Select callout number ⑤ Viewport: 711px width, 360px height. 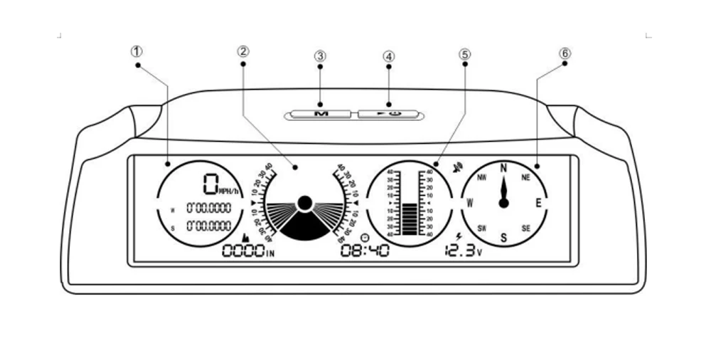(x=464, y=53)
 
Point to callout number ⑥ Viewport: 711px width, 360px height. (x=565, y=53)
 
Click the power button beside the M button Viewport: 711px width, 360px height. (x=388, y=113)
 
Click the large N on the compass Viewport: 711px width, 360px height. (x=503, y=168)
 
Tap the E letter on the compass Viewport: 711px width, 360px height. (x=539, y=203)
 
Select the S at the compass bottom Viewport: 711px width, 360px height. (x=503, y=238)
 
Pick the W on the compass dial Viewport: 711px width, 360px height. (x=469, y=203)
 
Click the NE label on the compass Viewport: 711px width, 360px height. (x=526, y=177)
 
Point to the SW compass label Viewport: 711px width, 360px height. (x=481, y=228)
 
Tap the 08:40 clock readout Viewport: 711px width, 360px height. (x=365, y=250)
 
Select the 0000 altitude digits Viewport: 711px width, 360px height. (x=242, y=251)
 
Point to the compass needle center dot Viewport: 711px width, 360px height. (x=504, y=203)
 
